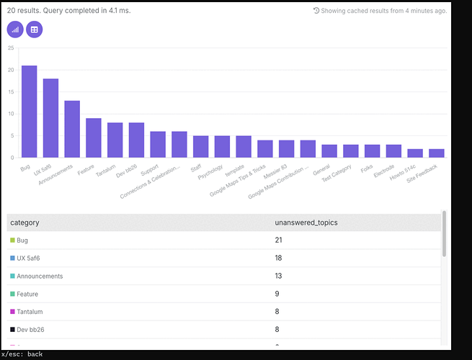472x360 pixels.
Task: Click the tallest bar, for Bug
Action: pos(30,112)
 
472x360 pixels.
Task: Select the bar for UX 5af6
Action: pos(50,118)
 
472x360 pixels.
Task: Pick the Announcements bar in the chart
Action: pos(72,129)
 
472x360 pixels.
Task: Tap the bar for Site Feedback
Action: pos(437,153)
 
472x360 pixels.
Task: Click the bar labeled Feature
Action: pos(94,138)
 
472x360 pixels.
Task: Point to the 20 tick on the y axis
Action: pos(11,70)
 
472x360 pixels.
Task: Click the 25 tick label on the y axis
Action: pos(11,48)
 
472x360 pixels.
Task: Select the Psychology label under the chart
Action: pos(210,172)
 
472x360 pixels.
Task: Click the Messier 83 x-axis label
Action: pos(275,171)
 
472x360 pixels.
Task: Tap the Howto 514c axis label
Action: pos(403,172)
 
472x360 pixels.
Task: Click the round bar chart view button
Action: pos(15,30)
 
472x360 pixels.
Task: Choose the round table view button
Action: pos(35,30)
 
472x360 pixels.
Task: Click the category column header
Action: pos(25,222)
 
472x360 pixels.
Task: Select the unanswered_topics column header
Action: pos(306,222)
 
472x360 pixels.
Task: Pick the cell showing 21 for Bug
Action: pos(278,240)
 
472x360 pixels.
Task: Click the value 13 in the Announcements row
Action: pos(278,276)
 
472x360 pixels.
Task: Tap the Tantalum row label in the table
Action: pos(30,312)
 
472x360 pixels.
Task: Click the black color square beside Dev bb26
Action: pos(12,329)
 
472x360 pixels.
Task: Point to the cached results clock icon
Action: pos(316,11)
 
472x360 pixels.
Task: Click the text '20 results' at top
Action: pos(23,11)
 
